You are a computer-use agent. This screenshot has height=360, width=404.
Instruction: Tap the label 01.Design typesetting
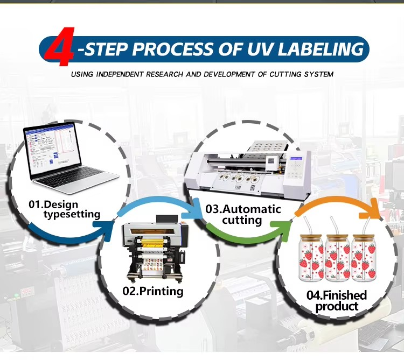tap(64, 209)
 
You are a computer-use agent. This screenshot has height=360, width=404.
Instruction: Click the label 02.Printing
tap(152, 292)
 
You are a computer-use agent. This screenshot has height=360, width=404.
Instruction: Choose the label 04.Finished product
tap(337, 300)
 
